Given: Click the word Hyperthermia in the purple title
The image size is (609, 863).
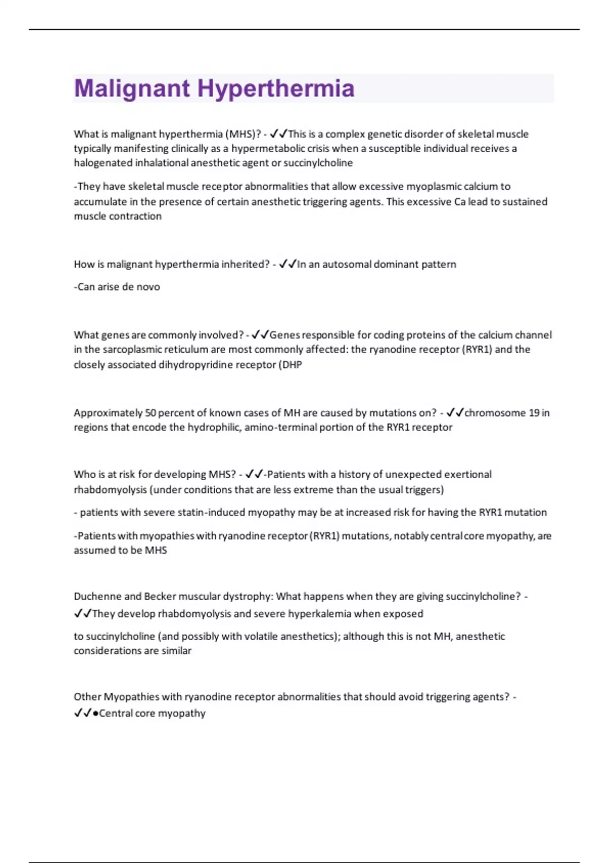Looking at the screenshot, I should point(276,88).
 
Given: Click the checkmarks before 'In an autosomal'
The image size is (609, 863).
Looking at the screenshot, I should point(287,264).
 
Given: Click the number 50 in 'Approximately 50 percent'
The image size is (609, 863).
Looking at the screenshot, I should point(150,413).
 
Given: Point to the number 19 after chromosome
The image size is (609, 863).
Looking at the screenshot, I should point(533,413).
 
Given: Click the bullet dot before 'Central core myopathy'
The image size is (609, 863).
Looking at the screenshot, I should point(95,713).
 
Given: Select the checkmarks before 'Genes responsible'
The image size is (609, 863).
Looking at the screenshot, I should point(260,335).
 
